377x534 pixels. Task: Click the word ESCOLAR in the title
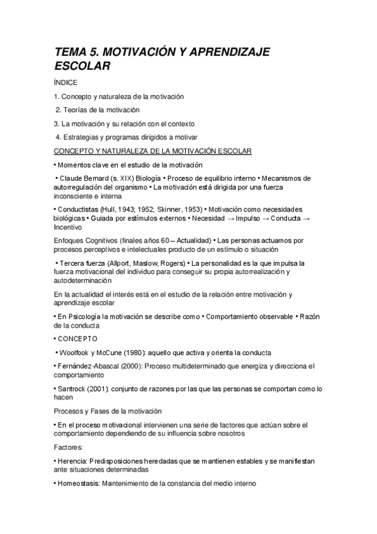coord(82,65)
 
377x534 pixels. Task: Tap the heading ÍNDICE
coord(66,82)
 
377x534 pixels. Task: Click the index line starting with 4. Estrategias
coord(126,137)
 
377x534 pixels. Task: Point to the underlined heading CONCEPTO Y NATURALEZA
coord(153,151)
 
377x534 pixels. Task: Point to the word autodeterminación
coord(86,281)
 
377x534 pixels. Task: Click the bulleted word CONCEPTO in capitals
coord(78,339)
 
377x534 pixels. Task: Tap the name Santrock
coord(74,389)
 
